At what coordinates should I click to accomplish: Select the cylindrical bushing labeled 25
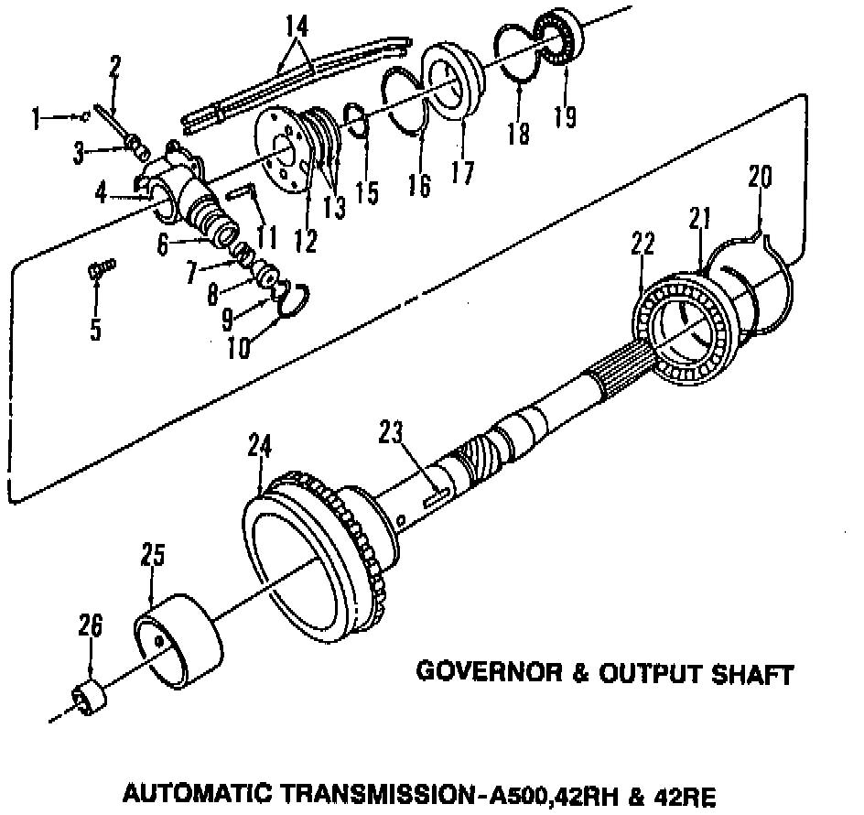coord(179,638)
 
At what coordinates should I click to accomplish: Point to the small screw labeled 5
coord(100,267)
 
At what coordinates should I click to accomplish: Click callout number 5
coord(95,329)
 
